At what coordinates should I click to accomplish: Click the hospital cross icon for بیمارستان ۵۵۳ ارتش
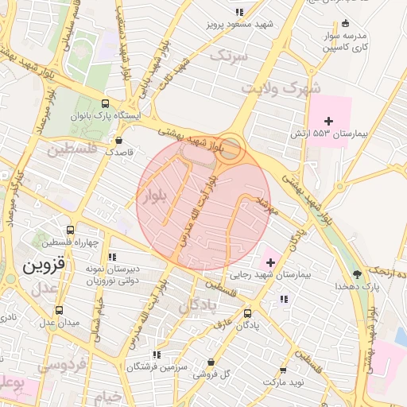pos(328,120)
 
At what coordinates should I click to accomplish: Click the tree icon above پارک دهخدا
pos(356,273)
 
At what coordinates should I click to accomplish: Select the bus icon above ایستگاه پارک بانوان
pos(107,104)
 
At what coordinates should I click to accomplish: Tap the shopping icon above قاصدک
pos(118,140)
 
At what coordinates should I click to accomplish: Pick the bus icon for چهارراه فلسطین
pos(71,229)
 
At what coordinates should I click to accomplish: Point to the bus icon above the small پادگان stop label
pos(247,313)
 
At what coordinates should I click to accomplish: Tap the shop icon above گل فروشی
pos(212,361)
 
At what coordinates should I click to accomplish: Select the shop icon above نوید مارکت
pos(284,370)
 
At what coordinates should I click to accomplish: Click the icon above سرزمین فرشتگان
pos(157,355)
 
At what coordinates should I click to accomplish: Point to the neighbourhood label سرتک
pos(230,56)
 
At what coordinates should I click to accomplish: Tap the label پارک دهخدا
pos(351,285)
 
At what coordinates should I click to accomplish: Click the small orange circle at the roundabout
pos(231,148)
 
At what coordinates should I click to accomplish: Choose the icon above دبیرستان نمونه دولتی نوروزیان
pos(112,257)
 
